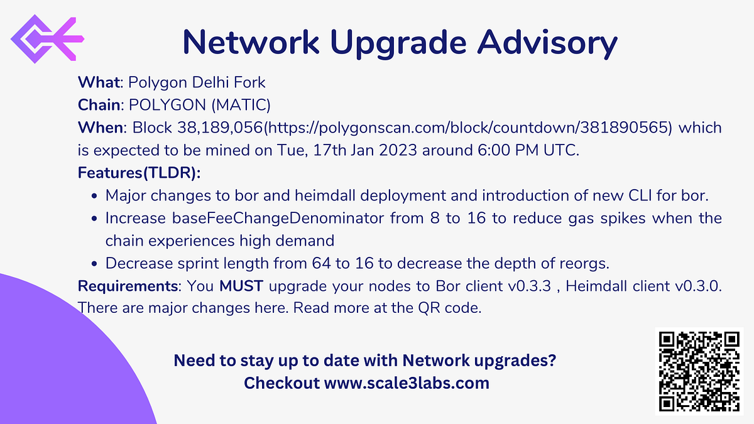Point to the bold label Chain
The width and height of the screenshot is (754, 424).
coord(98,105)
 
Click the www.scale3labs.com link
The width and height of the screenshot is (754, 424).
coord(407,383)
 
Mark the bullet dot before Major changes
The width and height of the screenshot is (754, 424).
coord(94,196)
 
